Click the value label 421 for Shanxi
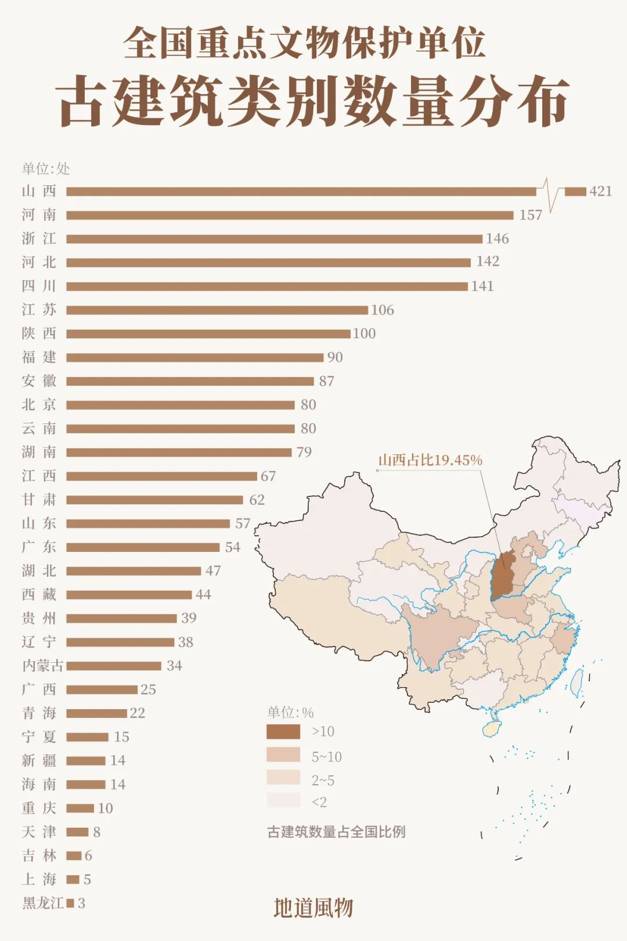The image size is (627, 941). (600, 191)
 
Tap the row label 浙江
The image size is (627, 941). (39, 239)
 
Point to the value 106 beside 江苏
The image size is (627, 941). (383, 310)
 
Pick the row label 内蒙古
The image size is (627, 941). (42, 666)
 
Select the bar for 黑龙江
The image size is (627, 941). (70, 903)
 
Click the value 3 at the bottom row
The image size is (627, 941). (81, 903)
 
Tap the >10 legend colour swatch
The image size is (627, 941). (283, 731)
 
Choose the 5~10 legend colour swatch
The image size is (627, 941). (283, 755)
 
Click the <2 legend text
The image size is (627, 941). (319, 802)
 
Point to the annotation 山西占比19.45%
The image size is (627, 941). (430, 460)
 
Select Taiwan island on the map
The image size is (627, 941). (576, 683)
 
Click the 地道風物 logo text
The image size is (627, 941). (313, 908)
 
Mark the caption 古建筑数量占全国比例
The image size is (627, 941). (336, 832)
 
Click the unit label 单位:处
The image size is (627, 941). (46, 169)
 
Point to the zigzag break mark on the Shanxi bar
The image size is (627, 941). (550, 192)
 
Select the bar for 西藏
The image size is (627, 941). (129, 595)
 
